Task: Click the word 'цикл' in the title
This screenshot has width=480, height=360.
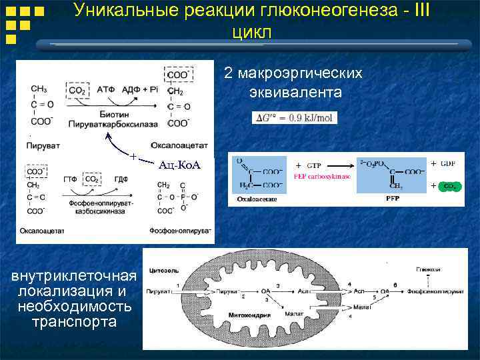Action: click(x=253, y=31)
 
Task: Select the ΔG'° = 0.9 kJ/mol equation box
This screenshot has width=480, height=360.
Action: click(x=295, y=118)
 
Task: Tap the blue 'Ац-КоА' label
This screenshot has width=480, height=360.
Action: click(x=179, y=164)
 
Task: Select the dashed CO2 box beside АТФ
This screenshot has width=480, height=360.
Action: click(x=77, y=90)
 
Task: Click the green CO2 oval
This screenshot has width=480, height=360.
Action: click(x=449, y=186)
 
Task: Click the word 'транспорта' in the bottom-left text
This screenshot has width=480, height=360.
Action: click(x=74, y=322)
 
